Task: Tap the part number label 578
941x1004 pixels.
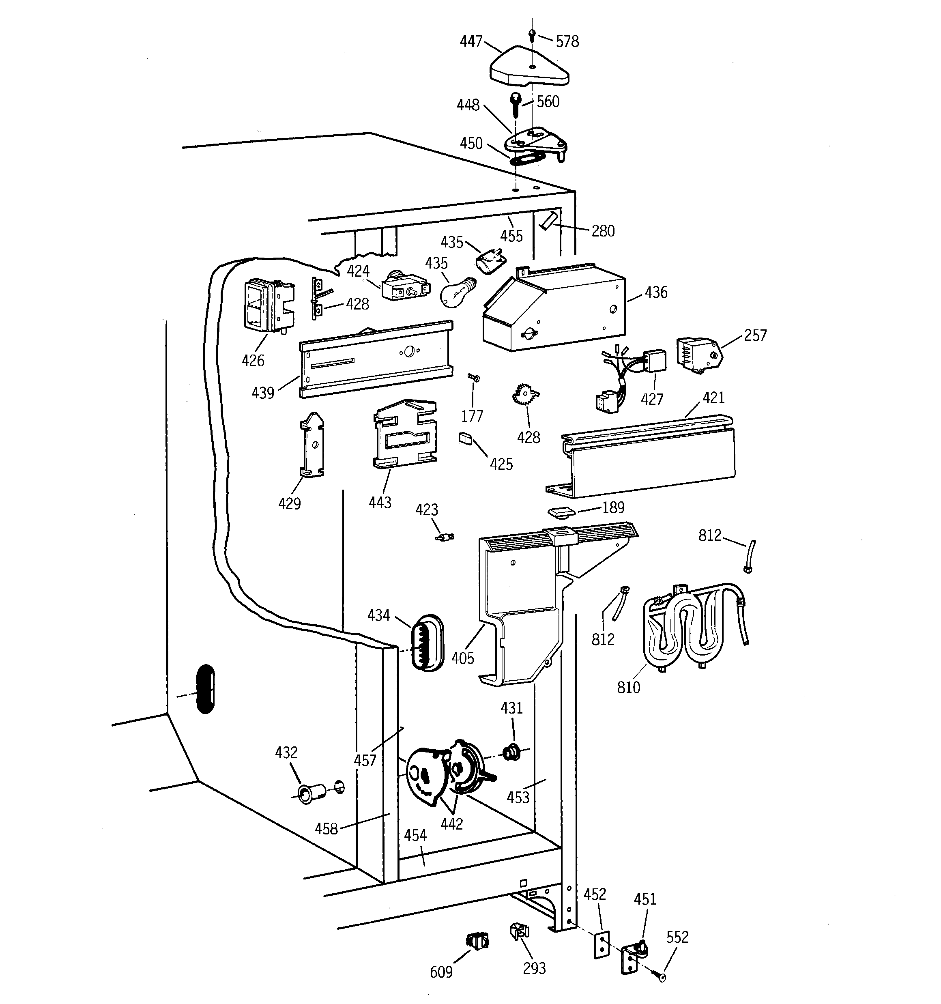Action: point(567,41)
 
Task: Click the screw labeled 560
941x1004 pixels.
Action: point(516,104)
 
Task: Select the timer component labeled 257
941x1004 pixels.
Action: point(698,355)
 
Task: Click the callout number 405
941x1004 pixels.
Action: point(463,658)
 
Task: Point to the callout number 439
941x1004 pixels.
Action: point(263,392)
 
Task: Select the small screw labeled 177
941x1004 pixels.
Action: point(473,378)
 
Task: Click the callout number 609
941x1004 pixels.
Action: point(441,972)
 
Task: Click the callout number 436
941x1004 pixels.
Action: point(655,292)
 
